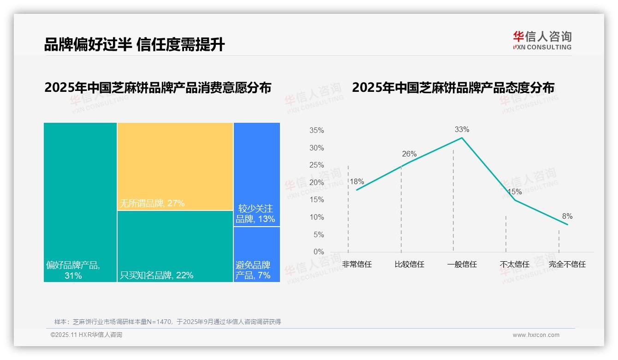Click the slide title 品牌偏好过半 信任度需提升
click(134, 45)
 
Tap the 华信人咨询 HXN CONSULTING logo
click(542, 41)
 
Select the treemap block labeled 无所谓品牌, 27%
click(175, 166)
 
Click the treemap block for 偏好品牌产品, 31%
click(80, 202)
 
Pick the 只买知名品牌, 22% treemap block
click(175, 246)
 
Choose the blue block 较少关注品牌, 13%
click(256, 174)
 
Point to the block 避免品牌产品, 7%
click(256, 254)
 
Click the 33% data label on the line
click(462, 130)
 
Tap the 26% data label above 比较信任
click(409, 154)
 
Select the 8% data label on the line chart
click(567, 216)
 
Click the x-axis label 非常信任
click(357, 264)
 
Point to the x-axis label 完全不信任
click(567, 264)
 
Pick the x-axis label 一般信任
click(462, 264)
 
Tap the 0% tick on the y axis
click(319, 252)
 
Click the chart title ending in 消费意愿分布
click(158, 88)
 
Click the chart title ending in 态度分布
click(453, 88)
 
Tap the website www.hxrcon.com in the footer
click(536, 335)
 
